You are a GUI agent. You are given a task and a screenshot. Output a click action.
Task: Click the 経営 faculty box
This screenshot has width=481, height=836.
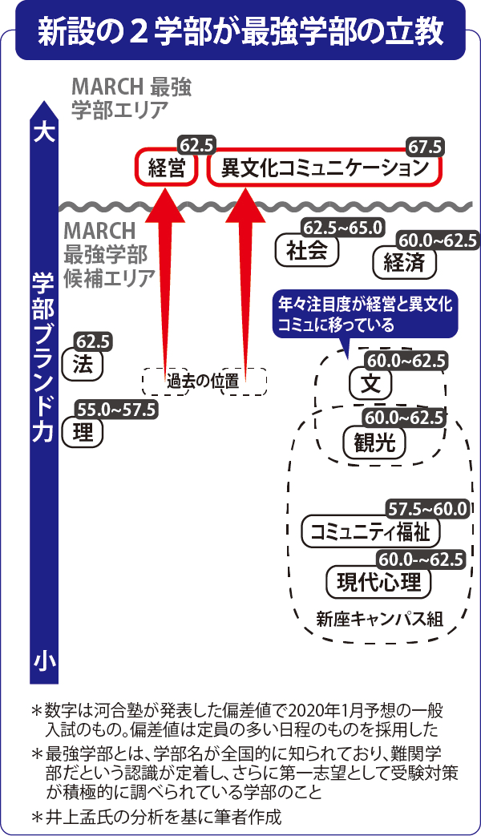[x=166, y=168]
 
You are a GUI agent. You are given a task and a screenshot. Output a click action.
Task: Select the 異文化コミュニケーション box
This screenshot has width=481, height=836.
[x=325, y=168]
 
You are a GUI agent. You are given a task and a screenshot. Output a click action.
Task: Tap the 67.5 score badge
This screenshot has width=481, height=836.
[x=425, y=147]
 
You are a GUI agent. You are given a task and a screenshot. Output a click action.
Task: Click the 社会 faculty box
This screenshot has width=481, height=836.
[x=306, y=251]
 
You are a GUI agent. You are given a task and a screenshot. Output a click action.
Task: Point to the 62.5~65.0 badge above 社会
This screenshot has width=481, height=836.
[x=342, y=227]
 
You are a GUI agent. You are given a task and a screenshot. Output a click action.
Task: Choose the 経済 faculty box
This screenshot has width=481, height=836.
[x=404, y=262]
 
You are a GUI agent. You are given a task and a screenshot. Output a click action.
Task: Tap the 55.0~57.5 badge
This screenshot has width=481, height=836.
[x=115, y=410]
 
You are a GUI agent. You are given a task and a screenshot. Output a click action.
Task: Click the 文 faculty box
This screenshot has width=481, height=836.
[x=370, y=384]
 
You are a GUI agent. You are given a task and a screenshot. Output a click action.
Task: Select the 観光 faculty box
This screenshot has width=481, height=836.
[x=374, y=442]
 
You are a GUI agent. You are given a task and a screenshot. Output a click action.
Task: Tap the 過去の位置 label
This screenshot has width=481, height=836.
[x=204, y=382]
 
